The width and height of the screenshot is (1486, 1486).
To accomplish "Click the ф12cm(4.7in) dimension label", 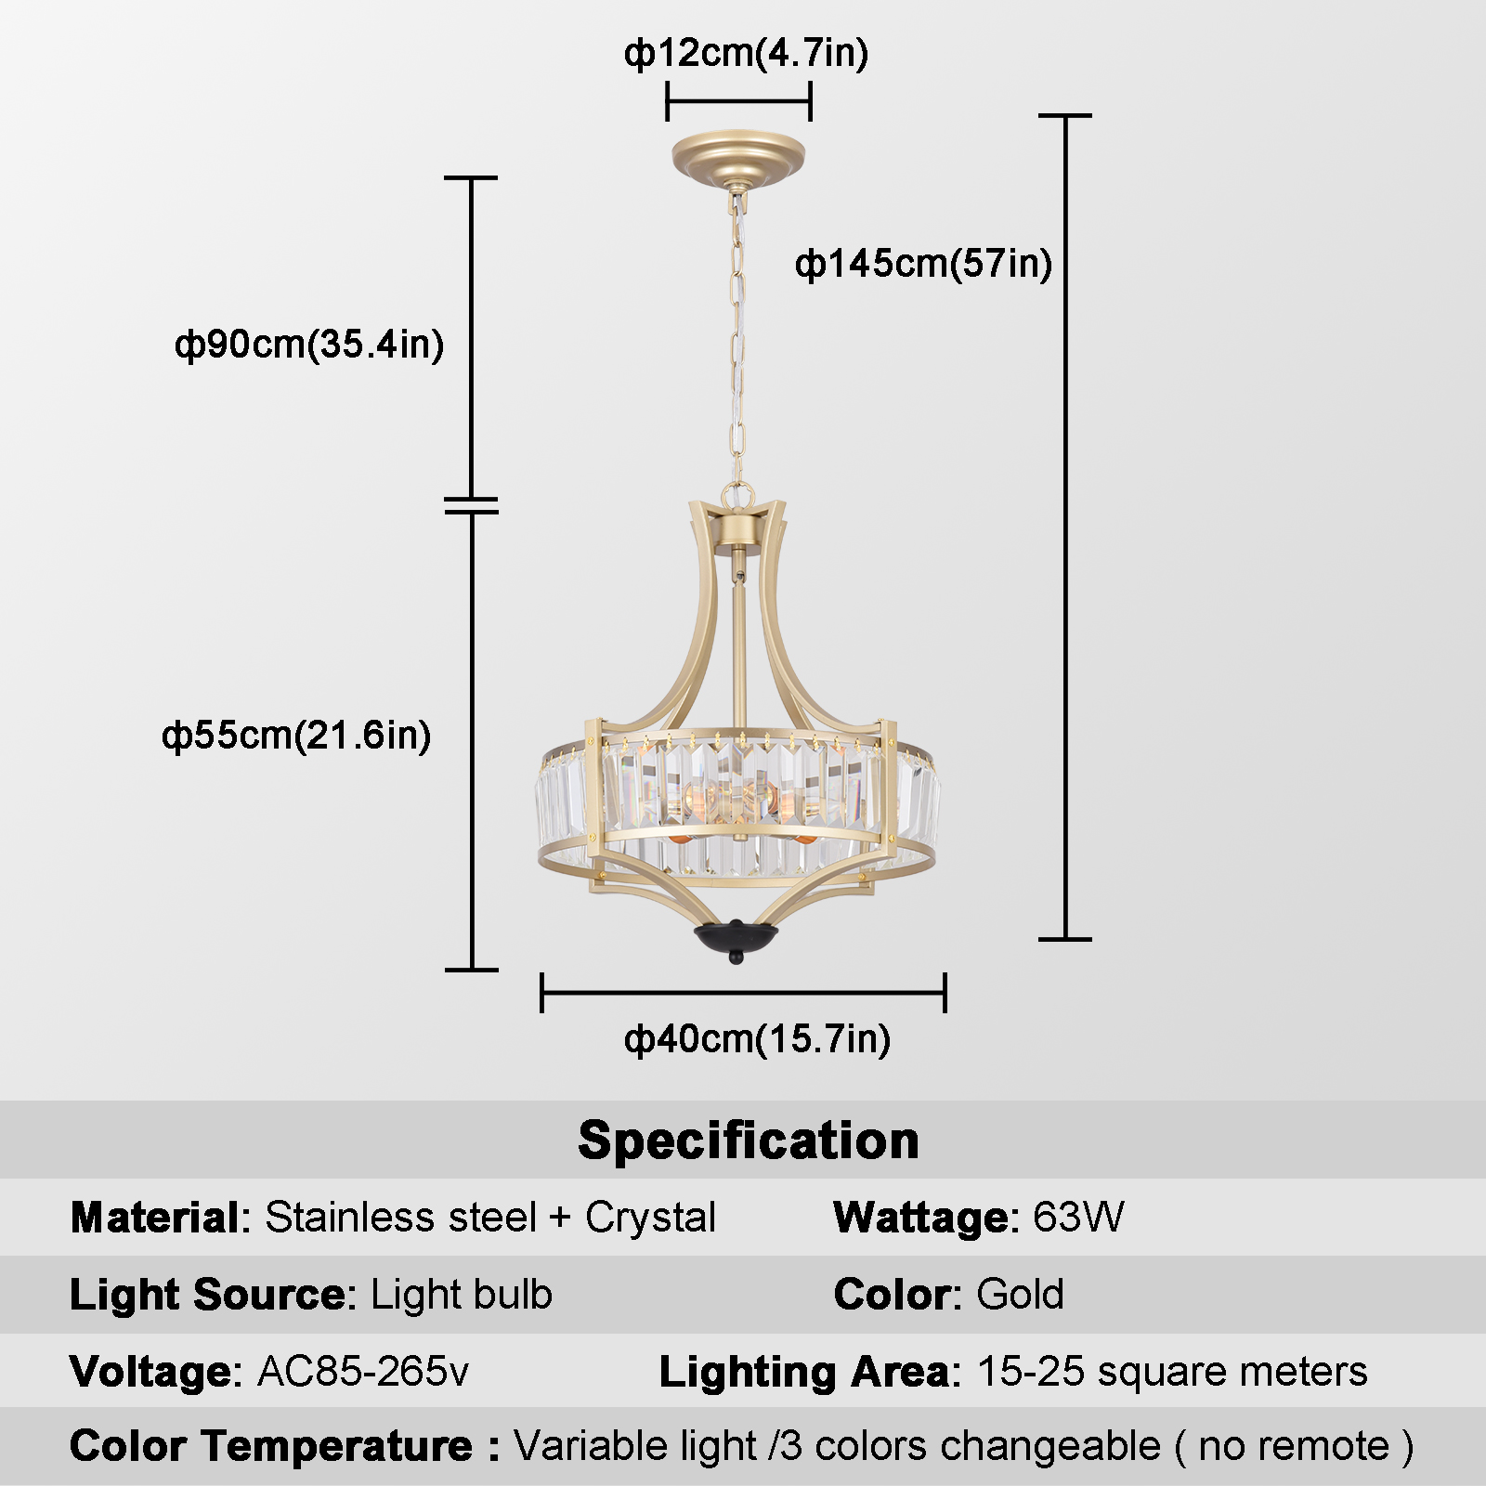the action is click(746, 53).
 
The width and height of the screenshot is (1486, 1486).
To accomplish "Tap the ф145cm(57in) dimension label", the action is click(923, 264).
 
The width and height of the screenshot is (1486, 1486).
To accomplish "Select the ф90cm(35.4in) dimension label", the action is click(309, 345).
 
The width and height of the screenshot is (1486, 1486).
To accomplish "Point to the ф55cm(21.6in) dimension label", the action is click(296, 736).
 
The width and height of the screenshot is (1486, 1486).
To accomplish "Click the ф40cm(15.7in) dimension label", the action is click(757, 1038).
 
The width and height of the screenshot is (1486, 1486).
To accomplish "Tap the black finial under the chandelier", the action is click(736, 942).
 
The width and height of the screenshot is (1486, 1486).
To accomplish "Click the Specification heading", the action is click(749, 1140).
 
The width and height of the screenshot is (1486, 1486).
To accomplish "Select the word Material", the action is click(154, 1218).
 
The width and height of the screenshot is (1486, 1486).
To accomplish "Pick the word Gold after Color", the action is click(1020, 1295).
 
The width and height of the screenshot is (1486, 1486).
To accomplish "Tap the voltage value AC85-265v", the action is click(363, 1372).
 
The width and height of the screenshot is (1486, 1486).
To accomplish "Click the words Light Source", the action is click(208, 1295).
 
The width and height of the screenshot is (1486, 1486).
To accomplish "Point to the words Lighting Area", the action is click(804, 1373).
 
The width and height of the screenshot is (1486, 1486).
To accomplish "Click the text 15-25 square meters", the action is click(1172, 1372).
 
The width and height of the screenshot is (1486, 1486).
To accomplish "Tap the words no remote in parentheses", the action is click(1294, 1447).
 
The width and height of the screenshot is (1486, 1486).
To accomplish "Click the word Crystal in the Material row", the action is click(650, 1219).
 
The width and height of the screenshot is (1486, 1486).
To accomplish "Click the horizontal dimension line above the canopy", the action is click(739, 101).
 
